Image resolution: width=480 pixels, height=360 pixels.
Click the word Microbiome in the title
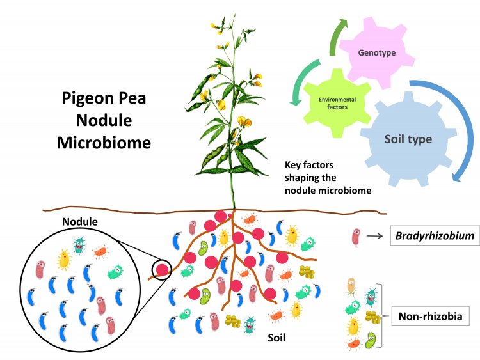104,142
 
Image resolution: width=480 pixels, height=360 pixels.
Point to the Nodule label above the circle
79,220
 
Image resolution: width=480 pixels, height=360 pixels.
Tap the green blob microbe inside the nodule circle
116,272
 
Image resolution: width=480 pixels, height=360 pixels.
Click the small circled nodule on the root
163,270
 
